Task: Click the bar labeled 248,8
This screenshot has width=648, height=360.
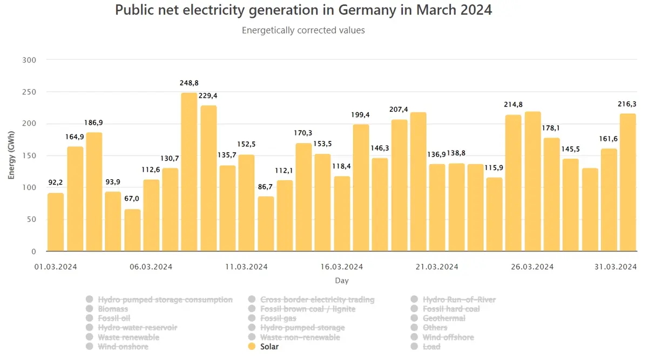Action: point(189,172)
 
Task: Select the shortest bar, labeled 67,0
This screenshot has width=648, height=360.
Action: point(132,230)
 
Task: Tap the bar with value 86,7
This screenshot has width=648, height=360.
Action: point(266,224)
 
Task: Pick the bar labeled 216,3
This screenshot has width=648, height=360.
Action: point(627,182)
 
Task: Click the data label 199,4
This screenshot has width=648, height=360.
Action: point(360,115)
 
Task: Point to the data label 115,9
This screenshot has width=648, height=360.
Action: point(494,168)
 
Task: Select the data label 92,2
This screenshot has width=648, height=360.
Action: point(55,182)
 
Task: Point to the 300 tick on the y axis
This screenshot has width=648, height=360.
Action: point(29,60)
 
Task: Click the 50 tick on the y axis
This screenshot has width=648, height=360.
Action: point(31,220)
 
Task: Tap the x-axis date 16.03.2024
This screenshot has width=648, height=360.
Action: point(342,267)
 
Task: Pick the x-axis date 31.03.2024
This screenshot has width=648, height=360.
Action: point(616,267)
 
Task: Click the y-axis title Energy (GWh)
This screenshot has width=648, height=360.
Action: point(11,155)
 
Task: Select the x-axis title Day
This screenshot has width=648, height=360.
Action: point(342,281)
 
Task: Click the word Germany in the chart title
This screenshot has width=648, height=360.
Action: point(367,10)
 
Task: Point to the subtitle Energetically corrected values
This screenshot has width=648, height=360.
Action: point(303,30)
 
